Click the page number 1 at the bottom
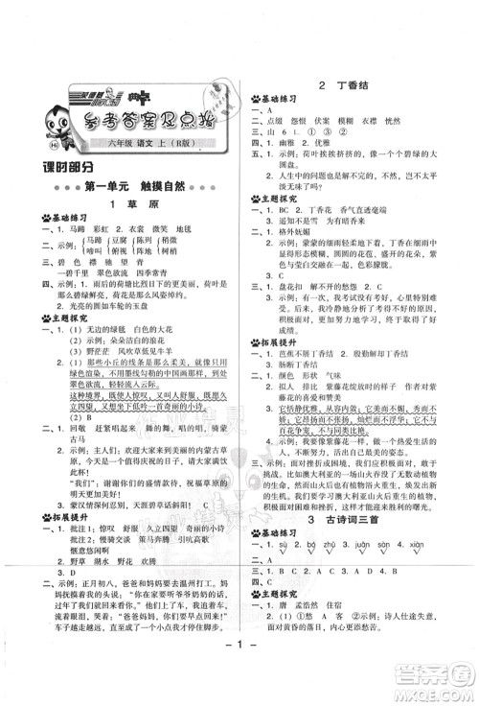click(240, 687)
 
